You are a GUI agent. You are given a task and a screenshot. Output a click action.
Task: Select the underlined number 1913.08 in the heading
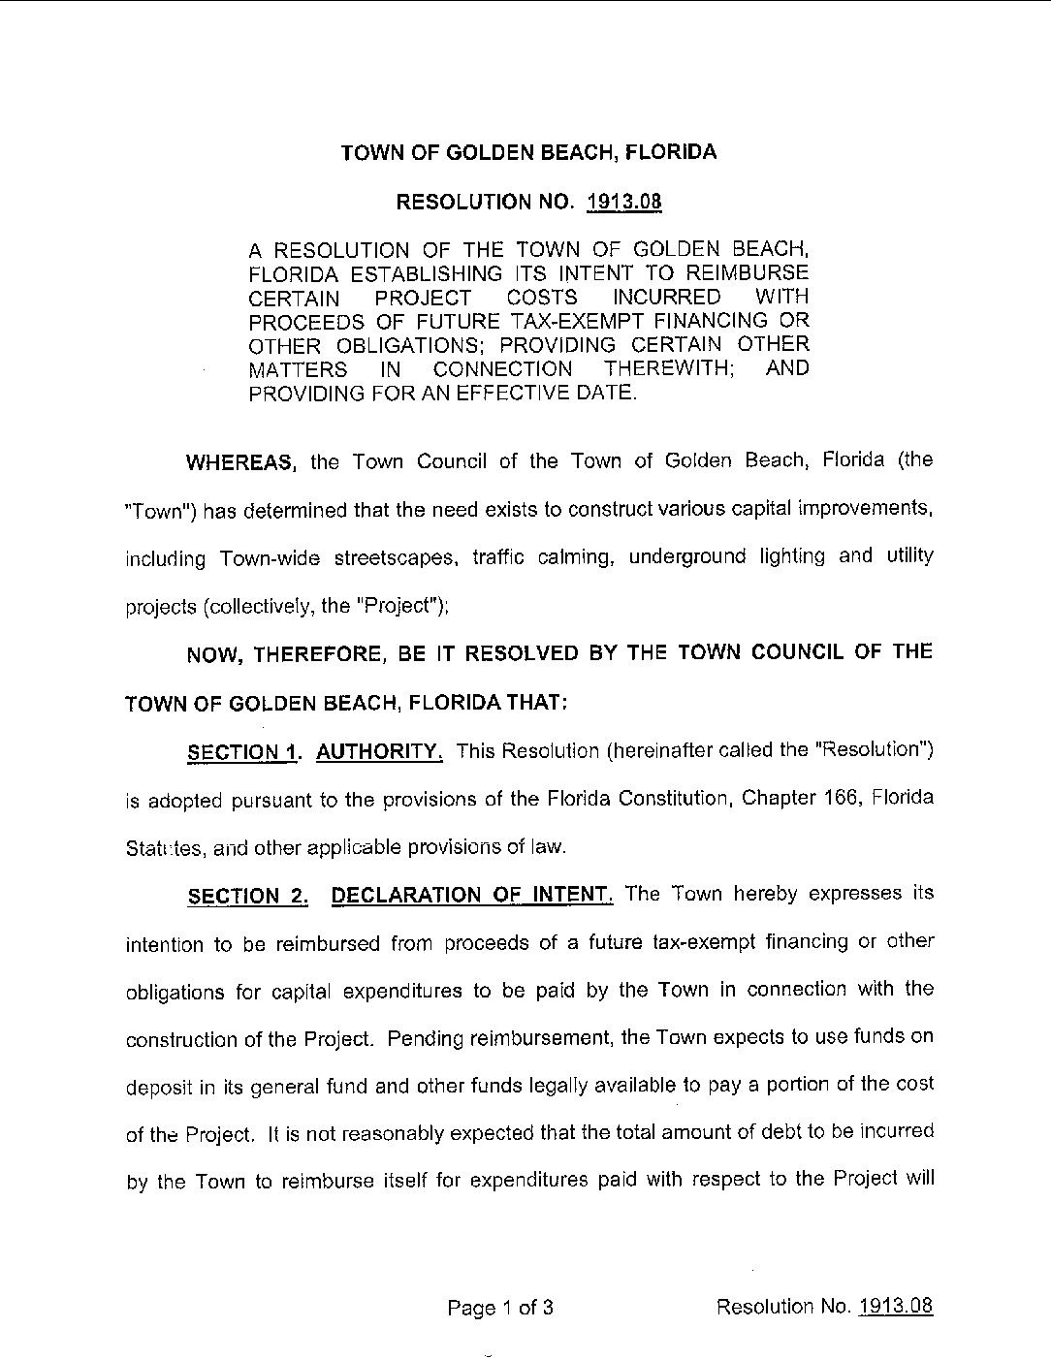tap(624, 203)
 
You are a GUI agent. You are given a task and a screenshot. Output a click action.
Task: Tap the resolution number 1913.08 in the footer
tap(895, 1306)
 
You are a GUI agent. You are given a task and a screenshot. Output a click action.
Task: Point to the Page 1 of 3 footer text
tap(500, 1308)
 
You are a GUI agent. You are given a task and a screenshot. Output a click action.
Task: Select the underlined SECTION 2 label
tap(248, 896)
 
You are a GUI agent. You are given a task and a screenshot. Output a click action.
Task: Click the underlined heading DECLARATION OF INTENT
tap(471, 894)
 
